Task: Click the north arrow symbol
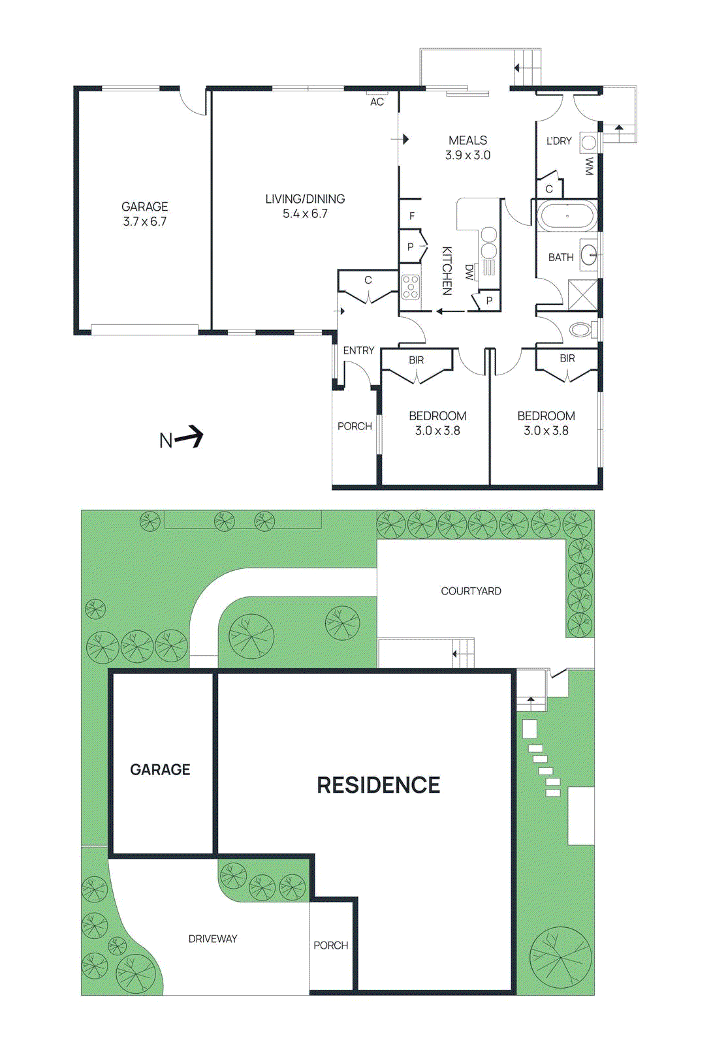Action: click(189, 437)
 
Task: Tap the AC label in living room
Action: click(377, 102)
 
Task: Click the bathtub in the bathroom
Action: click(567, 216)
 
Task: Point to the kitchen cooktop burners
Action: click(411, 287)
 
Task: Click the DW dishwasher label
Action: click(469, 272)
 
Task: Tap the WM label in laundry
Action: click(590, 166)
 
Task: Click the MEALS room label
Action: click(467, 140)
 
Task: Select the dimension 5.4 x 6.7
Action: click(305, 213)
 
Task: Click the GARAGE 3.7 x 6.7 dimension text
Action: click(144, 222)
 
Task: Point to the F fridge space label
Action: click(411, 216)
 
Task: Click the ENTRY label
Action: click(358, 350)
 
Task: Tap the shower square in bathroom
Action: click(582, 294)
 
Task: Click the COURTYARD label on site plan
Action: click(471, 591)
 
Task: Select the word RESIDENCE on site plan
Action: click(378, 785)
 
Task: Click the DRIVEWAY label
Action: click(213, 939)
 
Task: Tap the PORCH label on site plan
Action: click(330, 945)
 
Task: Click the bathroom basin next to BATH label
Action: click(589, 254)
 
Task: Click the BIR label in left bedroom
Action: click(416, 360)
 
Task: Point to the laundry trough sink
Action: click(588, 143)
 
